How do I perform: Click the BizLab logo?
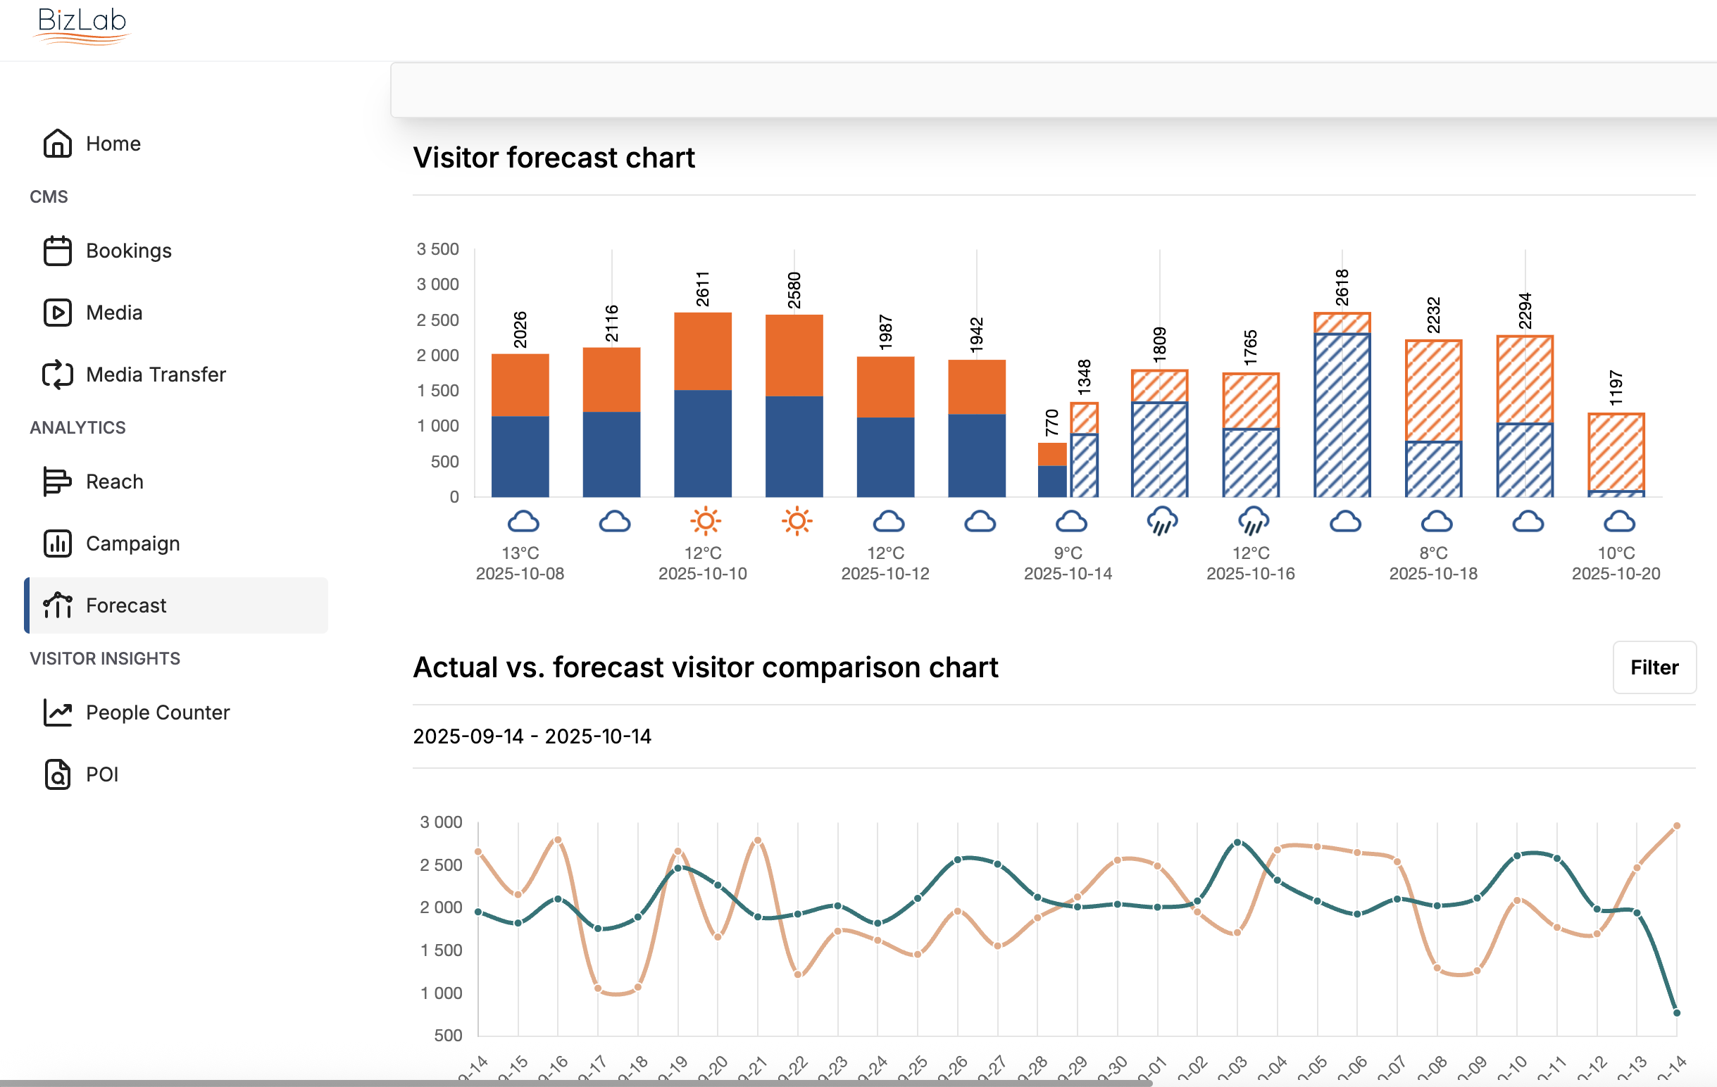[82, 24]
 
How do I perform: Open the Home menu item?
[113, 144]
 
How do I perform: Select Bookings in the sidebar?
[128, 251]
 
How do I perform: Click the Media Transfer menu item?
[156, 375]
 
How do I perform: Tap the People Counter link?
[158, 712]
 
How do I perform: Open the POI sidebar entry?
[102, 775]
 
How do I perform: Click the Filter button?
[1654, 667]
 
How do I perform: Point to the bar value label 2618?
[1342, 288]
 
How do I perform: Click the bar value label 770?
[1051, 422]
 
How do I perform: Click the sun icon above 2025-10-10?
[705, 521]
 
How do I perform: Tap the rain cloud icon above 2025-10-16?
[1254, 521]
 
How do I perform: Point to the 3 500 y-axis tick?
[438, 249]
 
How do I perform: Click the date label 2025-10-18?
[1433, 574]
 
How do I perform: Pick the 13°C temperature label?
[520, 553]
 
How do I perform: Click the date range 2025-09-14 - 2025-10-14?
[532, 736]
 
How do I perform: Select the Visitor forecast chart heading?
[554, 158]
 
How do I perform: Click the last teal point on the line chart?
[1676, 1013]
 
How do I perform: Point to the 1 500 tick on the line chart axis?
[441, 950]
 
